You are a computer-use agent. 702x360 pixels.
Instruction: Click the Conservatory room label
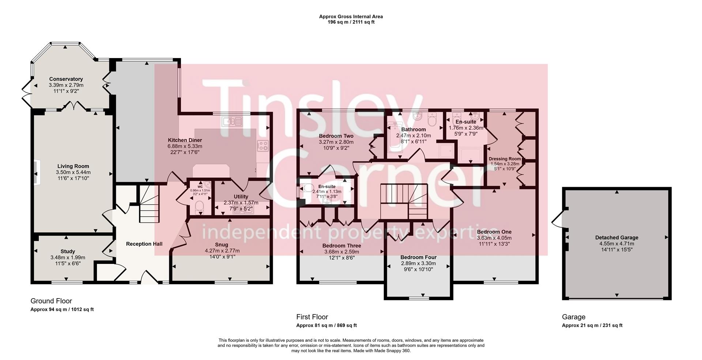66,79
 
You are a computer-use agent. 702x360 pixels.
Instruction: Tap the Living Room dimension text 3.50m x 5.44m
73,172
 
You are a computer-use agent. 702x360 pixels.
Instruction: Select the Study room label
68,251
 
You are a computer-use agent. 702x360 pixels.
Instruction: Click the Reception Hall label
144,244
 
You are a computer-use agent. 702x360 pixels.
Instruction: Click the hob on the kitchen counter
263,146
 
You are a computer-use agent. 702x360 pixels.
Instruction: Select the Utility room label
241,197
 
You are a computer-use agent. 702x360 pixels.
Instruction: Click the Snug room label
222,245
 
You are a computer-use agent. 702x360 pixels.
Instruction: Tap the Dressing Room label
505,159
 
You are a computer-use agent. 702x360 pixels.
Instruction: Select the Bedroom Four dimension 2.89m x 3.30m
418,263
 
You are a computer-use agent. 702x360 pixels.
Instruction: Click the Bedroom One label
494,232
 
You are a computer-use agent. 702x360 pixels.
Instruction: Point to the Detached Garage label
616,238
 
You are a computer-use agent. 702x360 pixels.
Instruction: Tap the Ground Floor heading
51,301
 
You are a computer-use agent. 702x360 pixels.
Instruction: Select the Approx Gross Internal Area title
351,16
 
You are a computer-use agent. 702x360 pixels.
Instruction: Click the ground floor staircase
148,206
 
